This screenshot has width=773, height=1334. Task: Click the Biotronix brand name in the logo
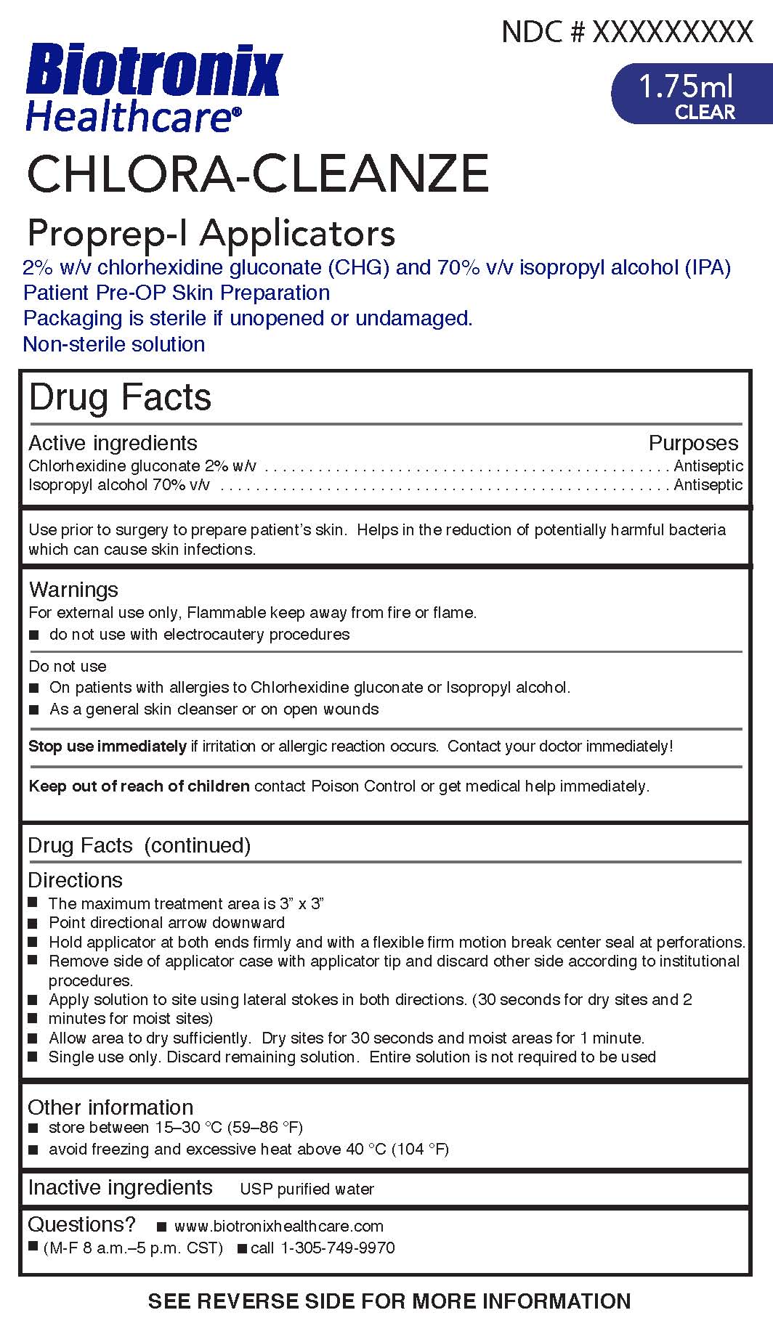(153, 70)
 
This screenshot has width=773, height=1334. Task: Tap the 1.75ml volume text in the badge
(685, 87)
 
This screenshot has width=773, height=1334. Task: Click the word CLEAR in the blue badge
(705, 112)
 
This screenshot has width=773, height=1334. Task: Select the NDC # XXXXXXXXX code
(627, 31)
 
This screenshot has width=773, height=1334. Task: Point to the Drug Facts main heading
(120, 397)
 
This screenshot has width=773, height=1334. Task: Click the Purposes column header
(692, 443)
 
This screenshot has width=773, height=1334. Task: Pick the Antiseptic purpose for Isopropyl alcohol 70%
(708, 484)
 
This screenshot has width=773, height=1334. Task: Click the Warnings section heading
(73, 589)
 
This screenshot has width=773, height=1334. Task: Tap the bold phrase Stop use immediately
(108, 747)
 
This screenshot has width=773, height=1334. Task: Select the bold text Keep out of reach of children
(139, 786)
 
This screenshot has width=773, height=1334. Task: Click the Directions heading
(75, 880)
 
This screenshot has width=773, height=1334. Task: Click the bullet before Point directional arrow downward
(33, 923)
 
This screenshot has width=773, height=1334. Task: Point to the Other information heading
(110, 1107)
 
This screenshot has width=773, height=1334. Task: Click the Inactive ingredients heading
(120, 1187)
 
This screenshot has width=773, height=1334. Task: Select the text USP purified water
(307, 1189)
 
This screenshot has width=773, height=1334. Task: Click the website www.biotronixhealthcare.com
(279, 1226)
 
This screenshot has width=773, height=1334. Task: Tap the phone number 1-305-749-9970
(337, 1248)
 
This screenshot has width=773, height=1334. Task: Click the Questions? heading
(81, 1224)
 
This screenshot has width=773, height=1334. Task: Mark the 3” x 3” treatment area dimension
(301, 903)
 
